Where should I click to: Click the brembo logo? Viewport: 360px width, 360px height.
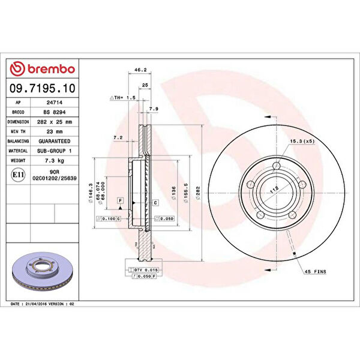[43, 69]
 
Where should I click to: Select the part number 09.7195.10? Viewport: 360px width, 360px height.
[43, 88]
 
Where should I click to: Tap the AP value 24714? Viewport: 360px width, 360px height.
[56, 103]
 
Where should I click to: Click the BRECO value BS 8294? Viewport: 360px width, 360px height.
[56, 112]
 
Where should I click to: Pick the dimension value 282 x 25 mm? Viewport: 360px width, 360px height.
[56, 122]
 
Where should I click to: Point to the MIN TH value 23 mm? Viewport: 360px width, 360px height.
[56, 131]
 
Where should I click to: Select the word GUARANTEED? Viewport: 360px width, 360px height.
[56, 141]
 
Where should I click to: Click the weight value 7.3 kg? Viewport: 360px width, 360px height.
[56, 161]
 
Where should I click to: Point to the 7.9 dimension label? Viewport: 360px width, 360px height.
[153, 109]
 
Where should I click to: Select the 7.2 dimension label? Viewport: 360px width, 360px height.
[118, 137]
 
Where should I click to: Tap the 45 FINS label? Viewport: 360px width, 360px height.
[314, 272]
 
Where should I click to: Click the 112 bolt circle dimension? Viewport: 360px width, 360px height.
[274, 190]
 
